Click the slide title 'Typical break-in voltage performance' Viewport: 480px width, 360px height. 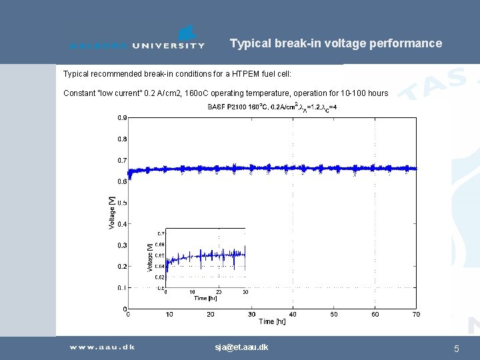pyautogui.click(x=335, y=43)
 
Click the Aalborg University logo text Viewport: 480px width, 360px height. pyautogui.click(x=137, y=45)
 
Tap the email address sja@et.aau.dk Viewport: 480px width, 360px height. pyautogui.click(x=241, y=347)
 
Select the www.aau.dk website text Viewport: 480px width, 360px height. pyautogui.click(x=102, y=347)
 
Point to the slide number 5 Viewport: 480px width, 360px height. pyautogui.click(x=456, y=348)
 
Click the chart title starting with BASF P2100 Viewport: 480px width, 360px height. pyautogui.click(x=272, y=107)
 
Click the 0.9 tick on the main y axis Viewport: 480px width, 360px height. pyautogui.click(x=122, y=118)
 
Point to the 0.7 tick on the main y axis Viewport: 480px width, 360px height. pyautogui.click(x=122, y=161)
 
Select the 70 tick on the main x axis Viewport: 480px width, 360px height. pyautogui.click(x=416, y=314)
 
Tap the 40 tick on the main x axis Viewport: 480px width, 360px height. pyautogui.click(x=293, y=314)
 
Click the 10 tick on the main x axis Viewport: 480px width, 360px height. pyautogui.click(x=169, y=314)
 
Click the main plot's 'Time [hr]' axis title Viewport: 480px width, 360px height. pyautogui.click(x=272, y=322)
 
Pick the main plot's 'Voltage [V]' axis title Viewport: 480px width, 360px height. pyautogui.click(x=112, y=212)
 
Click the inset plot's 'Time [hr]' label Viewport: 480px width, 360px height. pyautogui.click(x=205, y=298)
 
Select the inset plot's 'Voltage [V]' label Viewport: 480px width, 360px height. pyautogui.click(x=149, y=257)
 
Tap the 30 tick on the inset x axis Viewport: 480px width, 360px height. pyautogui.click(x=245, y=292)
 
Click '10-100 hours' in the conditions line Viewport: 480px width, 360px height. pyautogui.click(x=365, y=93)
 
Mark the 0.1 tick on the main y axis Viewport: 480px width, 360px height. pyautogui.click(x=122, y=288)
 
